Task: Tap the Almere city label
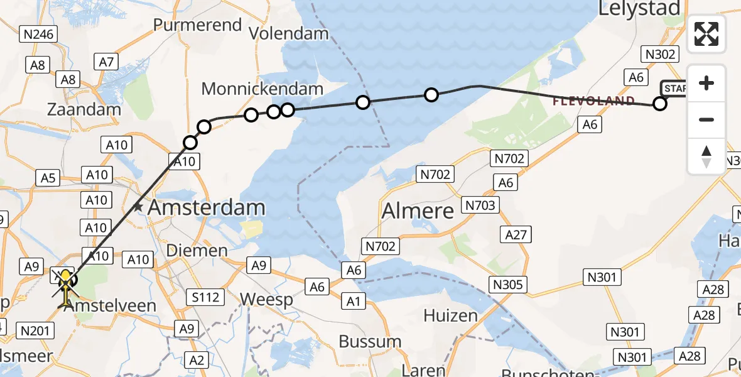pyautogui.click(x=418, y=210)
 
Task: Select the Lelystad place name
pyautogui.click(x=639, y=9)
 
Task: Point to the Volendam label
pyautogui.click(x=289, y=33)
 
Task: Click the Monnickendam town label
pyautogui.click(x=262, y=89)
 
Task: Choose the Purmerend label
pyautogui.click(x=197, y=25)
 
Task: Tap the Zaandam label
pyautogui.click(x=84, y=109)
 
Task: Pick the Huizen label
pyautogui.click(x=450, y=315)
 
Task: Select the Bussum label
pyautogui.click(x=370, y=342)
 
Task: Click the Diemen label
pyautogui.click(x=197, y=251)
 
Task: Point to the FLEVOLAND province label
pyautogui.click(x=593, y=101)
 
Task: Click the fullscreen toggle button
pyautogui.click(x=706, y=34)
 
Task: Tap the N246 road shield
pyautogui.click(x=38, y=35)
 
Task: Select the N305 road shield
pyautogui.click(x=508, y=285)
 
